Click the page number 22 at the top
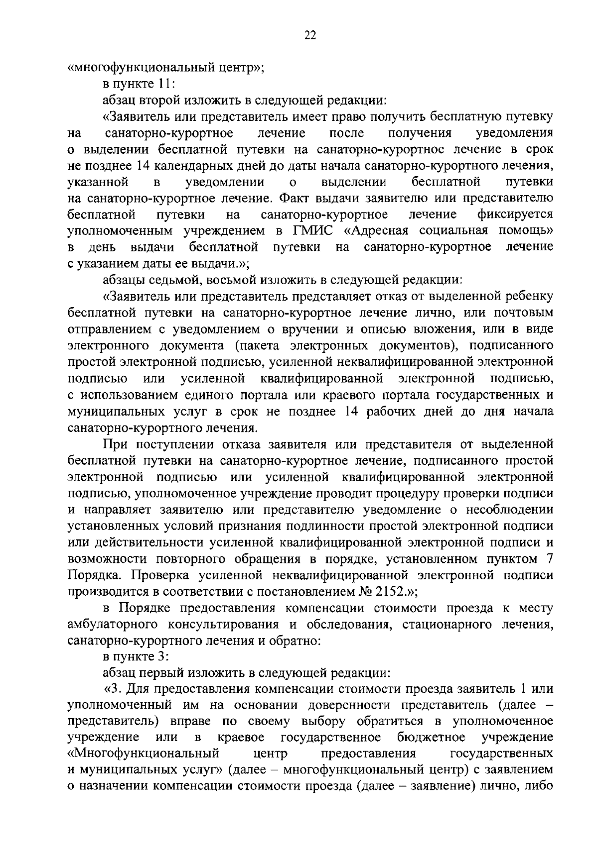coord(309,35)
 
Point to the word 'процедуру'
coord(416,493)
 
